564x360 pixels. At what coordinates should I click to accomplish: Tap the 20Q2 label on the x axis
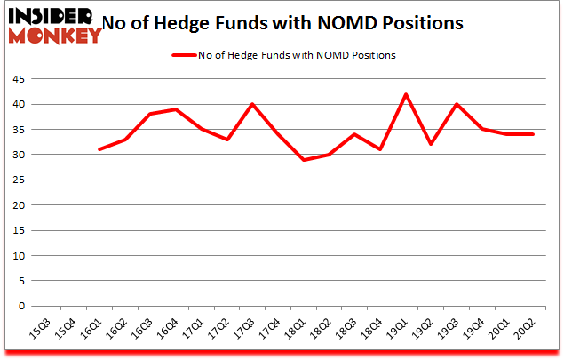[528, 332]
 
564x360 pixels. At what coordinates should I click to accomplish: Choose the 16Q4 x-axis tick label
[169, 332]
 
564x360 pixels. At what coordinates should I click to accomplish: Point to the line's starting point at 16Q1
[99, 149]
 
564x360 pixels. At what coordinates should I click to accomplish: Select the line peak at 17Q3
[252, 104]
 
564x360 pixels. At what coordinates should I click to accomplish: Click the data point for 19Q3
[457, 104]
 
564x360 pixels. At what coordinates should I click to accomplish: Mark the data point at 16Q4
[176, 109]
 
